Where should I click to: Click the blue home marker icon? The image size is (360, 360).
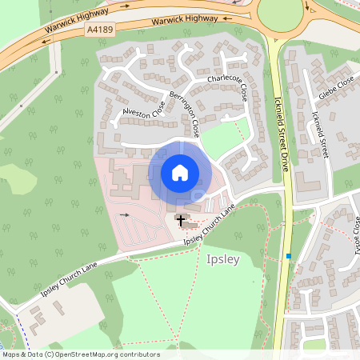[x=180, y=172]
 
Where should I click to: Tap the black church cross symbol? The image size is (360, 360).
[x=180, y=219]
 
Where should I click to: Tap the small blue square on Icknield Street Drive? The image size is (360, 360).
[x=288, y=256]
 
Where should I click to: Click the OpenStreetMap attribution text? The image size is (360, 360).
[x=80, y=354]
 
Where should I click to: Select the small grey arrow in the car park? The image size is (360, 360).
[x=123, y=216]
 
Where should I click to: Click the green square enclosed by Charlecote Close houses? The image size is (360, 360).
[x=223, y=138]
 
